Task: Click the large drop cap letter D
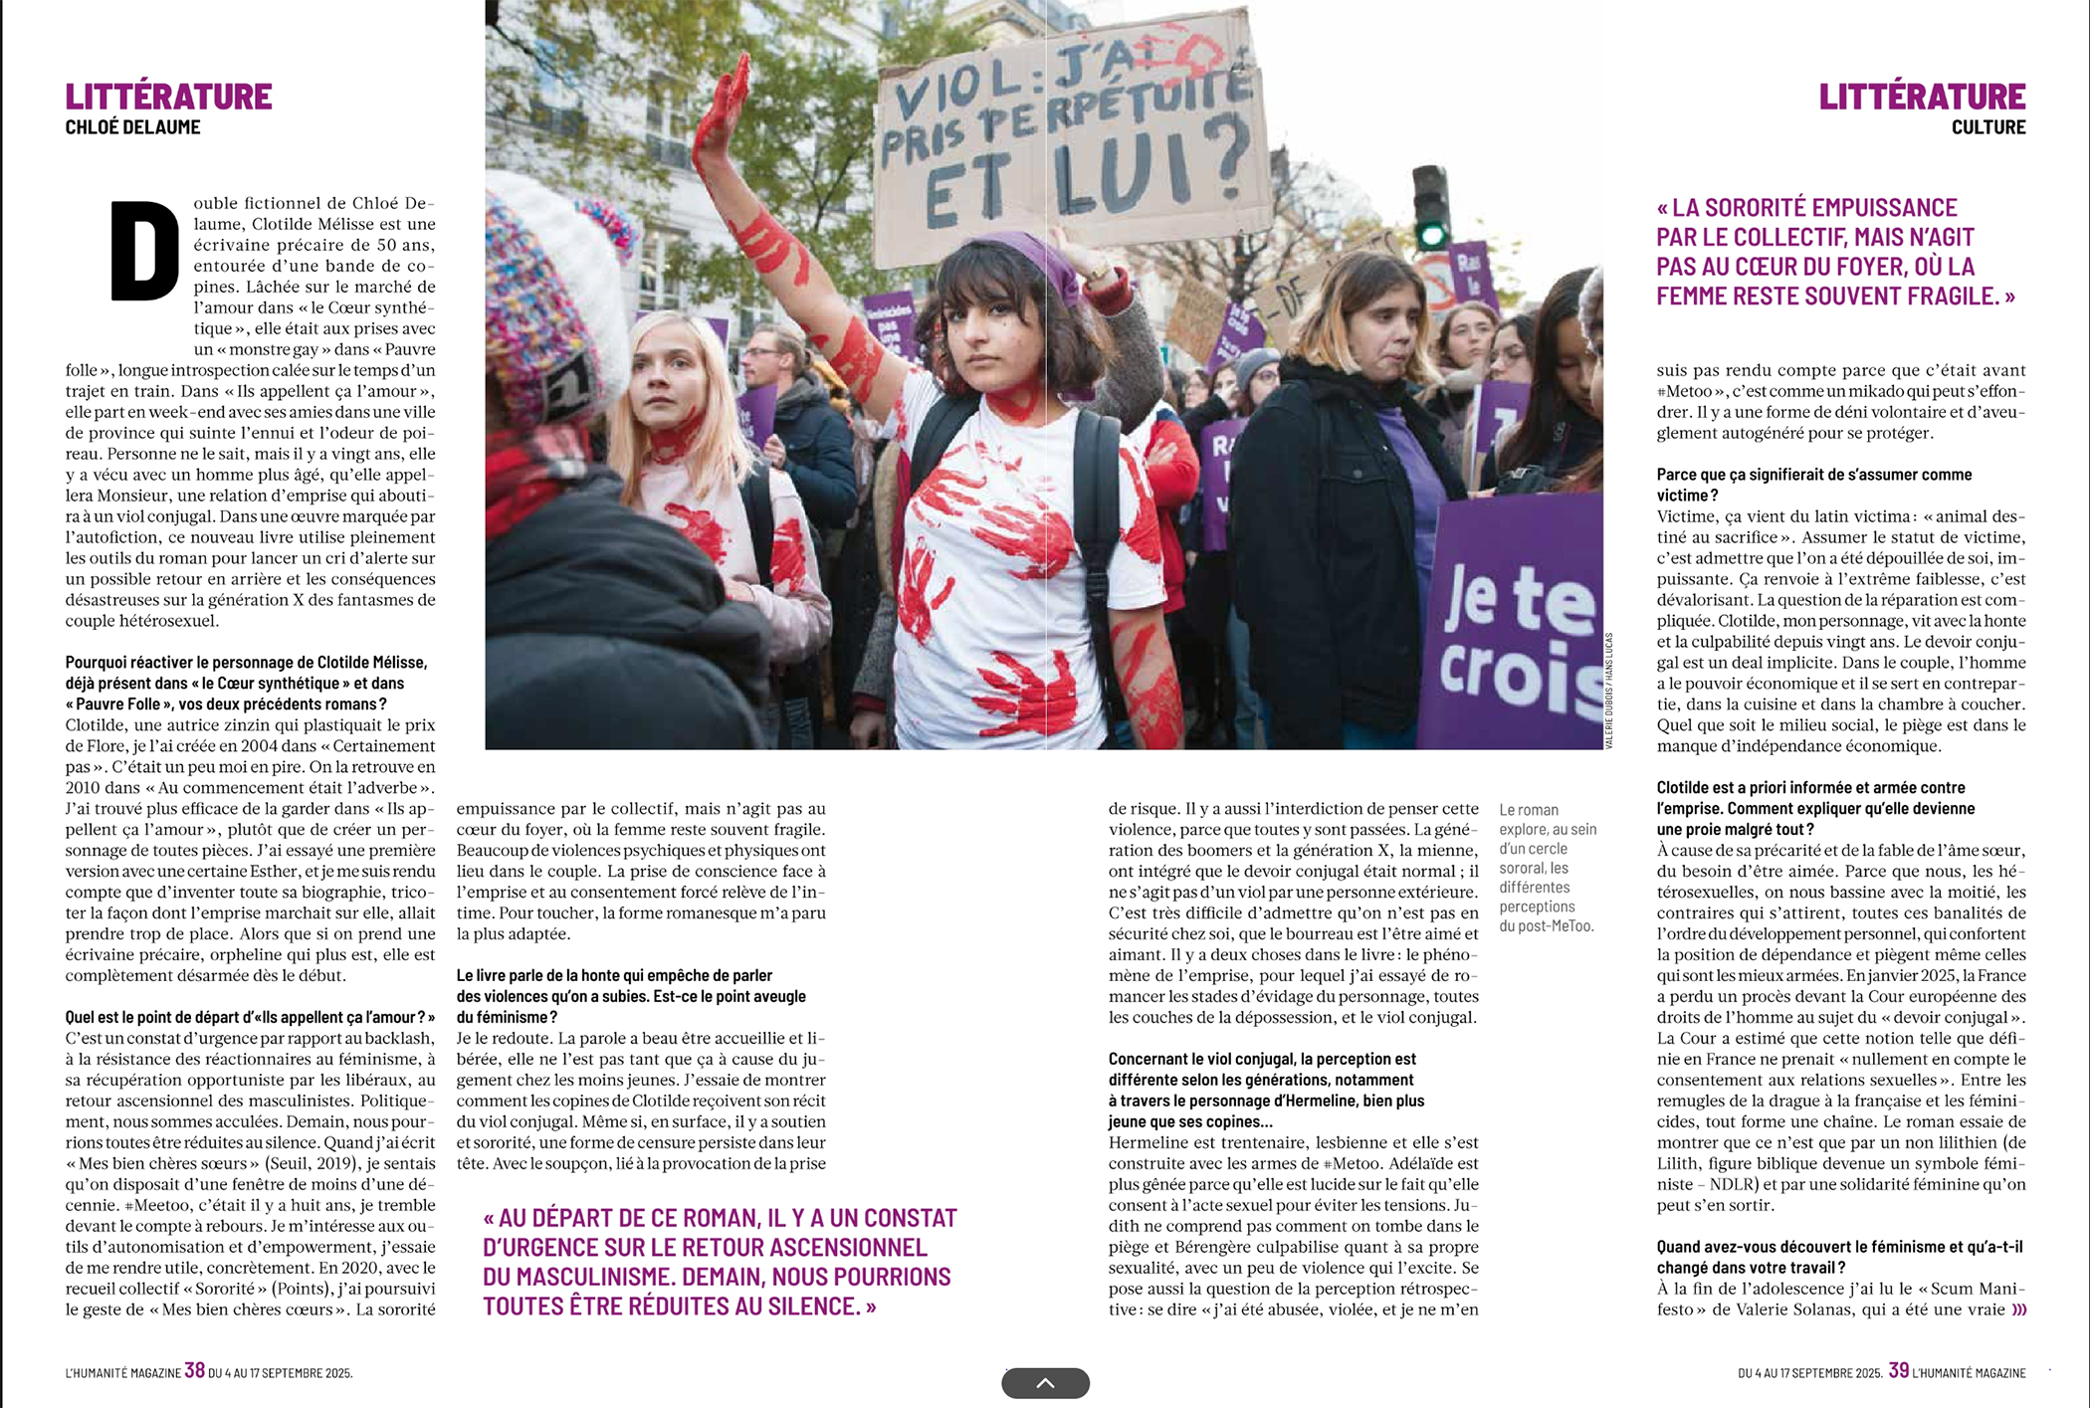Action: (144, 251)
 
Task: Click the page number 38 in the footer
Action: (194, 1370)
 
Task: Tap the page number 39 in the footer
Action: (1898, 1370)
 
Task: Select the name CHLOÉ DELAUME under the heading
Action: (132, 127)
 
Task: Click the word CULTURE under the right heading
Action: (1987, 127)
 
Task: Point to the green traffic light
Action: (1431, 236)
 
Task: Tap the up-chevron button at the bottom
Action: (1045, 1383)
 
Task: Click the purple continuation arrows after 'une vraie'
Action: (2018, 1309)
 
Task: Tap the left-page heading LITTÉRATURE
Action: (168, 97)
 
